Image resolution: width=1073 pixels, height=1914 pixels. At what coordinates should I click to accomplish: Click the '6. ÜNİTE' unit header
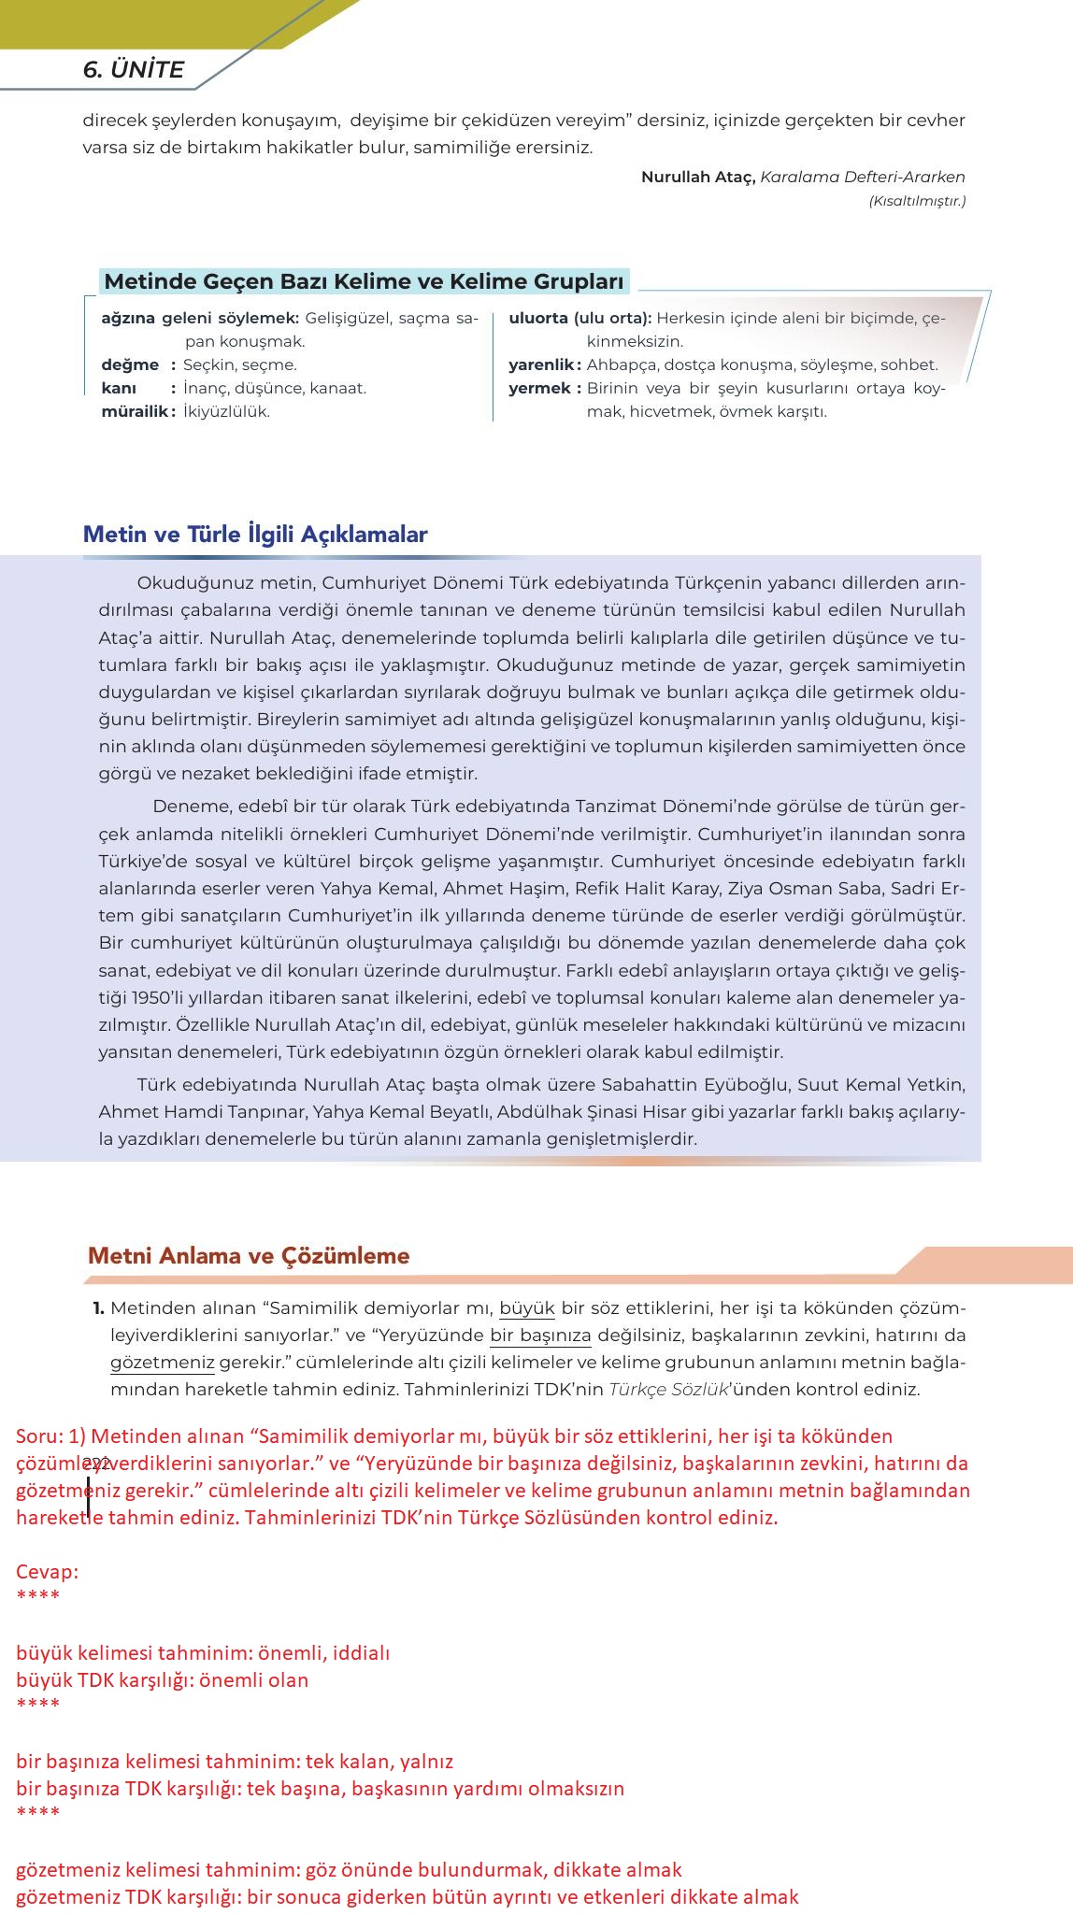tap(133, 69)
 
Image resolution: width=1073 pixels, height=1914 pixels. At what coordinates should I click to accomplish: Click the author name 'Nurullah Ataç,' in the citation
tap(697, 177)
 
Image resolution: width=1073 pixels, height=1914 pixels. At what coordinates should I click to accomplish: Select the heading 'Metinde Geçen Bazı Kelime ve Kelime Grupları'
tap(364, 281)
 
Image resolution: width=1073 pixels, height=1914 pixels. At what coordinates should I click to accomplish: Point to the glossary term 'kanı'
tap(119, 388)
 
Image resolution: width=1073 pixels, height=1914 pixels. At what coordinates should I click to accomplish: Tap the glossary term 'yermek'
tap(539, 388)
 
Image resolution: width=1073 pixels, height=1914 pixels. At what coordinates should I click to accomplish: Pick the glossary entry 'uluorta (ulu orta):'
tap(579, 318)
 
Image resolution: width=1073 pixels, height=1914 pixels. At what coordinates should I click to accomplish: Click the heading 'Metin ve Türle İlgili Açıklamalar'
tap(255, 535)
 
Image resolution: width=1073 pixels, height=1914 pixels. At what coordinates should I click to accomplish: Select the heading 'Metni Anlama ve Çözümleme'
tap(249, 1255)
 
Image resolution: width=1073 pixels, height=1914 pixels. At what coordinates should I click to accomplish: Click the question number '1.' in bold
tap(98, 1307)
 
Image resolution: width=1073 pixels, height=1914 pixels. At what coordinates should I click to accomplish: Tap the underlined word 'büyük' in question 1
tap(527, 1307)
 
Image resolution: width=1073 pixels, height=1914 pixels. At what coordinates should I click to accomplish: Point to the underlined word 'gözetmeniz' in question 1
tap(163, 1362)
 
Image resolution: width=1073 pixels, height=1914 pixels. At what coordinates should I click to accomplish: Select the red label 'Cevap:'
tap(47, 1571)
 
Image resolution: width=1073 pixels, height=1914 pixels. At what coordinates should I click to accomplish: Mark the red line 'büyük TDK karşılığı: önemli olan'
tap(162, 1679)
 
